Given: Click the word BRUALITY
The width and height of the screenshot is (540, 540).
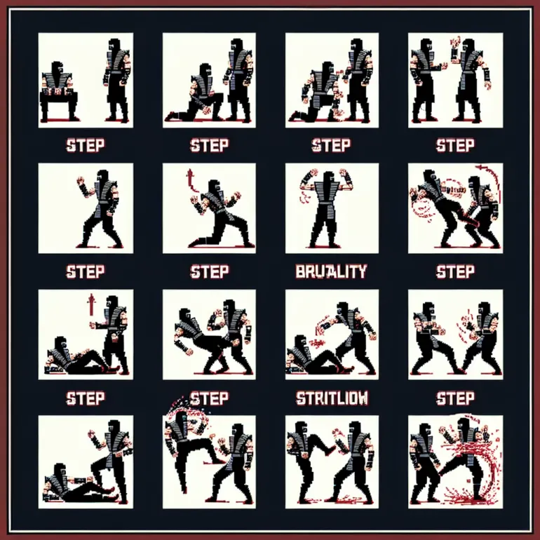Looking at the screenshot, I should coord(332,271).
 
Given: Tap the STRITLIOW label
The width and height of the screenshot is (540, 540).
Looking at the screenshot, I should coord(332,398).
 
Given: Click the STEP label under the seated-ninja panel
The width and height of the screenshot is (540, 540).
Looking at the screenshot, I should coord(85,146).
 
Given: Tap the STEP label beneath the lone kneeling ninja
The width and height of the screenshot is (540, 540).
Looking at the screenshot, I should coord(208,271).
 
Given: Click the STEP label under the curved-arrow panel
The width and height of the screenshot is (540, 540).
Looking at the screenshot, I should coord(455,271).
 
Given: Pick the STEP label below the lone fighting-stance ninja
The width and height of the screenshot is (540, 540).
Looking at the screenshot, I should coord(85,271).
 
